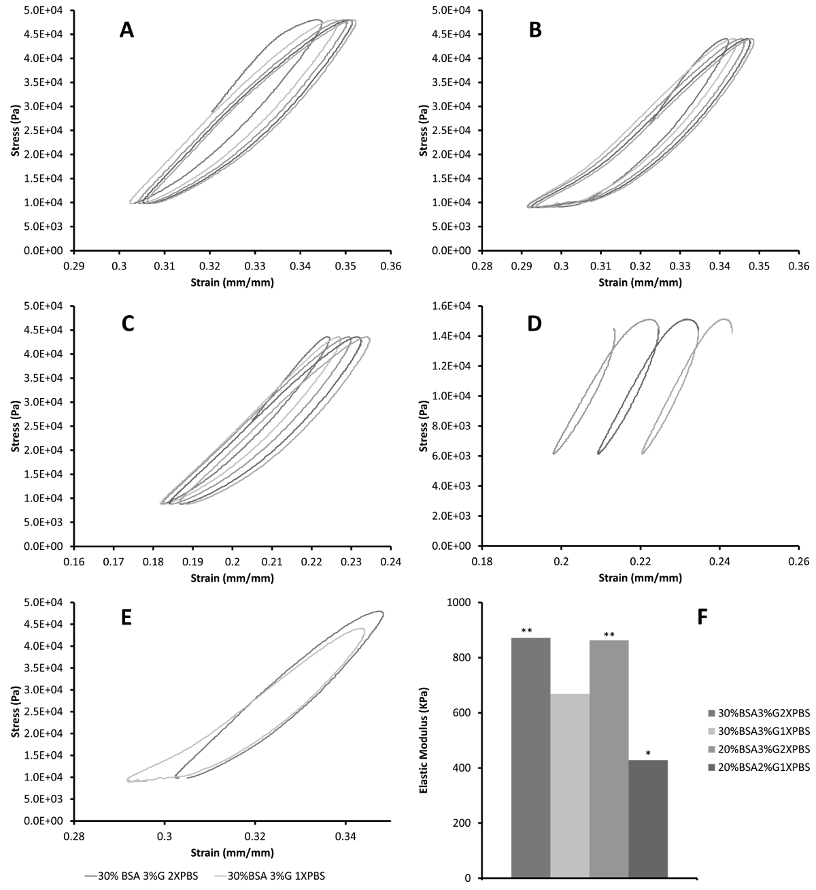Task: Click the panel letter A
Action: point(126,30)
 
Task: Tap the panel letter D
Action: point(534,323)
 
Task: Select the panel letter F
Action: point(704,617)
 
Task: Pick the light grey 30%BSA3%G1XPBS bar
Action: point(570,782)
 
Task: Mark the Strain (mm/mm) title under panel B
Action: point(640,282)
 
